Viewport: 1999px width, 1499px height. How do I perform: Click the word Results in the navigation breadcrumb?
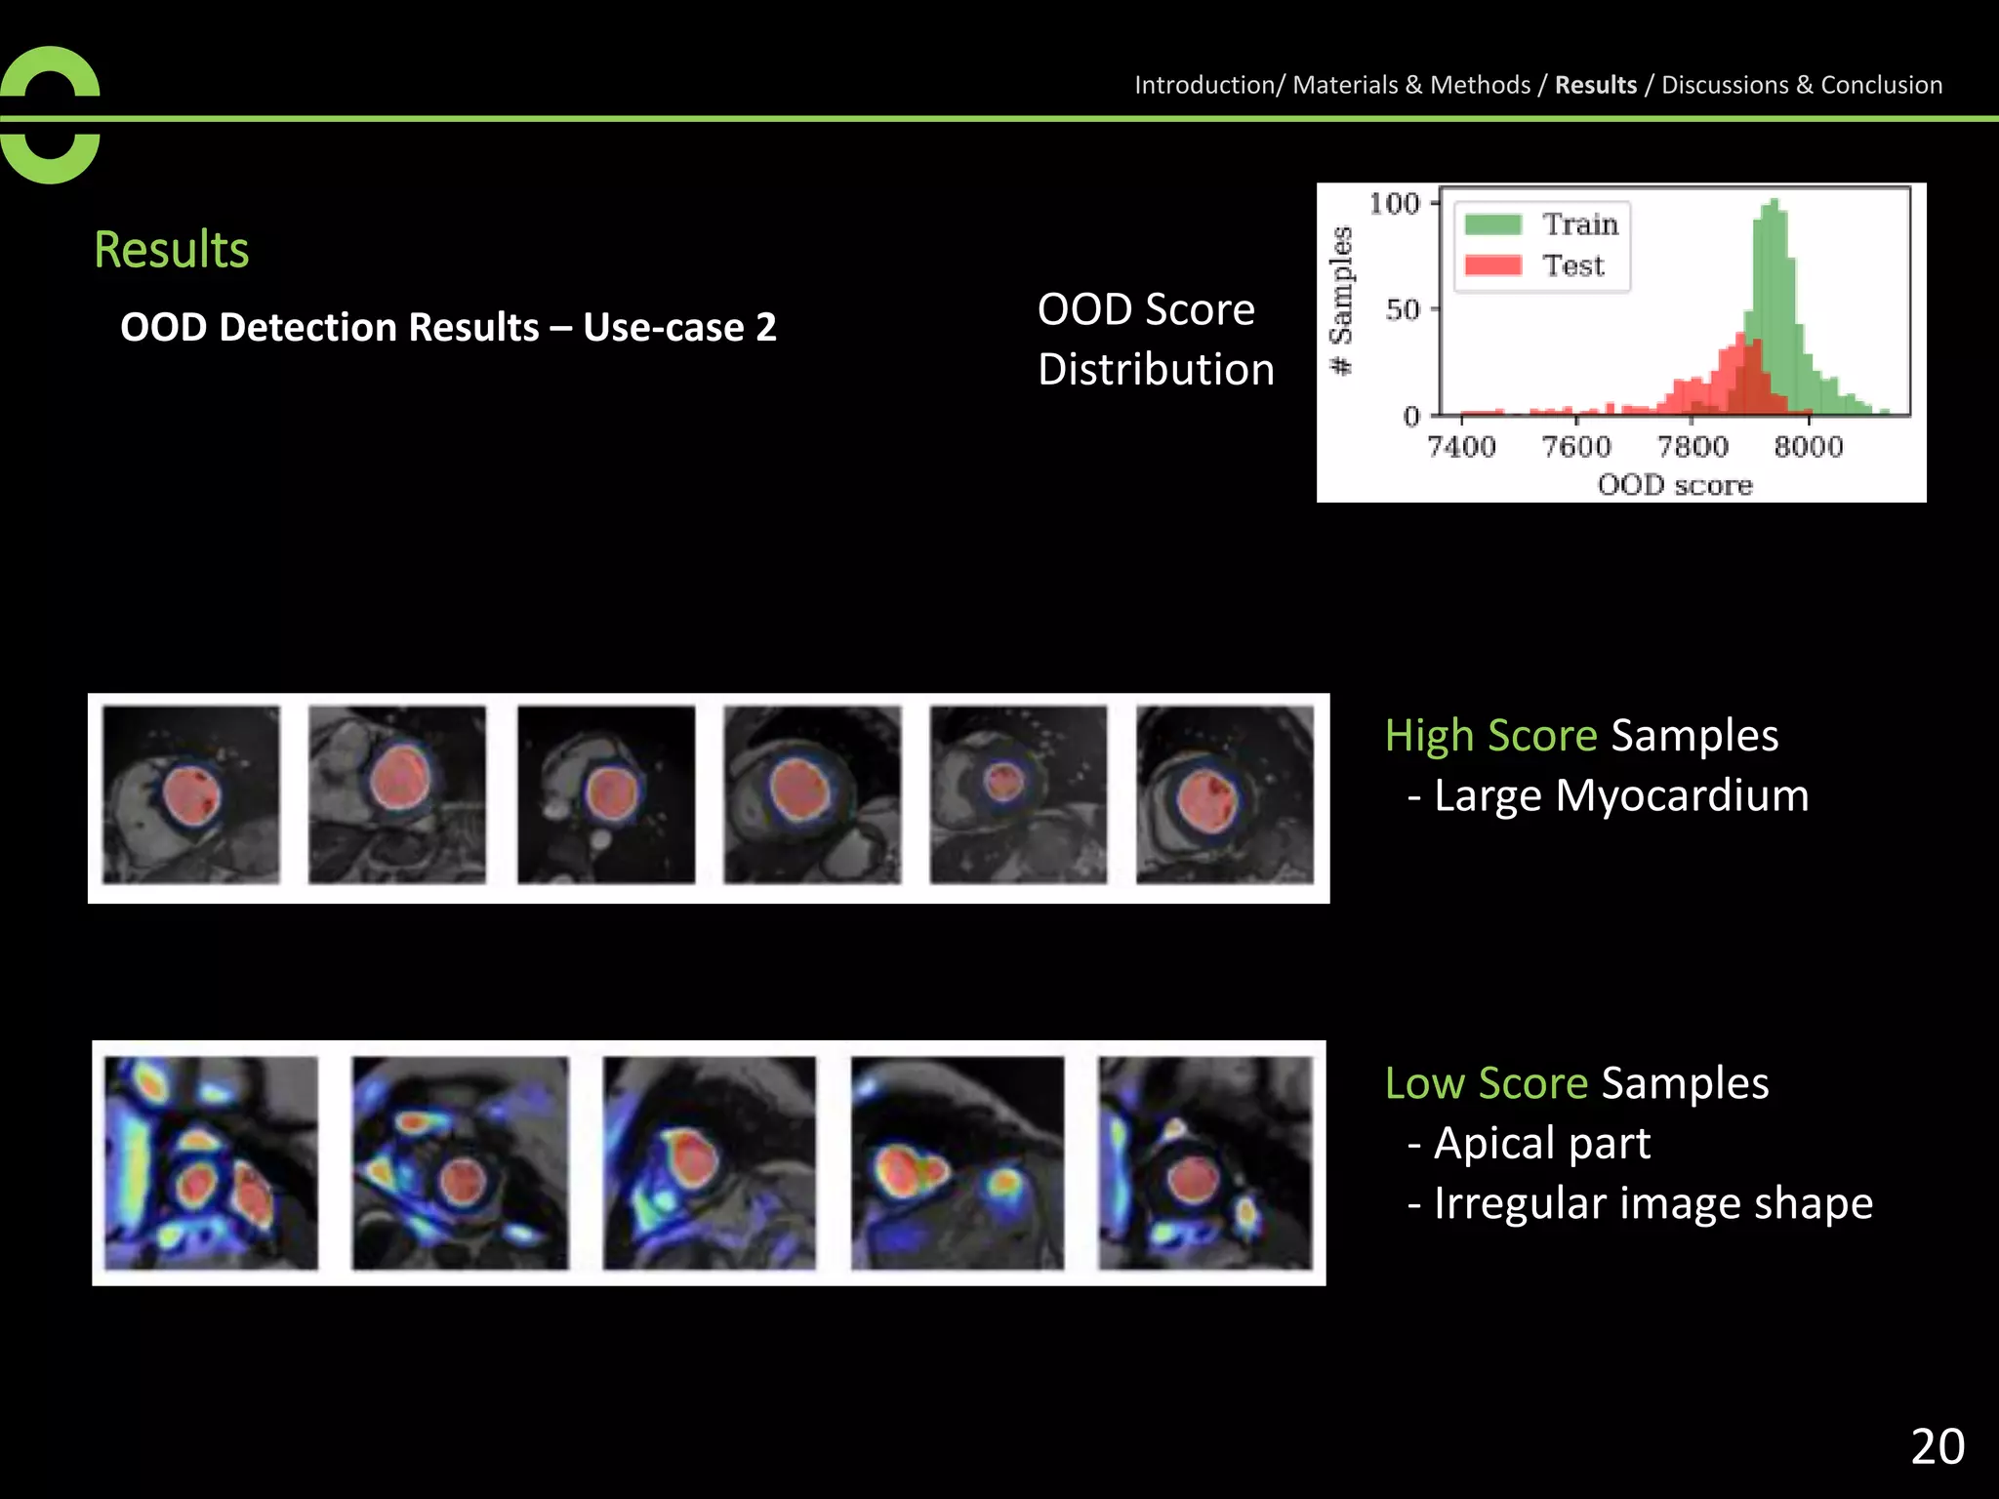point(1595,85)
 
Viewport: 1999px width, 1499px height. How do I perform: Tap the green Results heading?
point(172,250)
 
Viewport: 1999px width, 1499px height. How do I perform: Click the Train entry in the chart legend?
point(1579,224)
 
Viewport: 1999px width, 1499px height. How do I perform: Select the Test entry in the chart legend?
point(1572,265)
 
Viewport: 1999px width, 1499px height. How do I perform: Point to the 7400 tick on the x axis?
point(1461,446)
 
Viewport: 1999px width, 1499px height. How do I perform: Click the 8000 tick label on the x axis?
point(1808,446)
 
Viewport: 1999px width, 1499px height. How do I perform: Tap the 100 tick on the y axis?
point(1394,203)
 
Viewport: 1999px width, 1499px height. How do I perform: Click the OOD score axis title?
point(1675,484)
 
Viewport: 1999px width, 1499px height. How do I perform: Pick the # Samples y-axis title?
point(1342,301)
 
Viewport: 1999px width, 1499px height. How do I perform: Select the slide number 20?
point(1938,1446)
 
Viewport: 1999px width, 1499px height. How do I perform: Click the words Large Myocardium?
point(1621,795)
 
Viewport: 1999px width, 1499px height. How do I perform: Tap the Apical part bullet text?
point(1541,1143)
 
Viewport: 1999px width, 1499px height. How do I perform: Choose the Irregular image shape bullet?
point(1652,1203)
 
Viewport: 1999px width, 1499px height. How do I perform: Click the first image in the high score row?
point(191,795)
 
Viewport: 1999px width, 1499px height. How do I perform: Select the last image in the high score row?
point(1225,795)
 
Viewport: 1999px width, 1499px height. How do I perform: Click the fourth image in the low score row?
point(958,1162)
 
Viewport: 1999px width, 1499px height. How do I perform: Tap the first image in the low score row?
point(212,1162)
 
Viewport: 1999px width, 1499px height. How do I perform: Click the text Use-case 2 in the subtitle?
point(679,327)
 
